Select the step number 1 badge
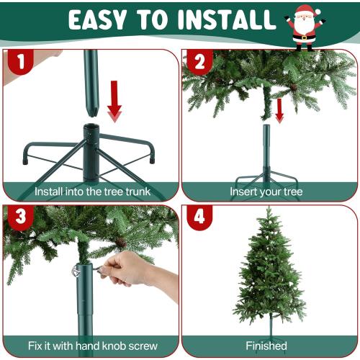20,63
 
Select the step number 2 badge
198,63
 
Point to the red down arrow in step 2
279,110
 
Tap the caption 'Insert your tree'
266,192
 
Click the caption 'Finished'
266,346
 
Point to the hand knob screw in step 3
77,271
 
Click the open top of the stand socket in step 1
91,130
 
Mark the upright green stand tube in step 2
266,148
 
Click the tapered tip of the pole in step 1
92,108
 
